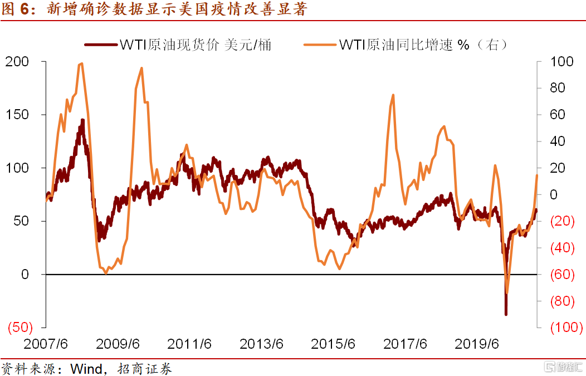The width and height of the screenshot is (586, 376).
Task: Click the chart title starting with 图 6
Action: tap(154, 9)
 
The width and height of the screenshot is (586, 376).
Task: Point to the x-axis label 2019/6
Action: tap(477, 344)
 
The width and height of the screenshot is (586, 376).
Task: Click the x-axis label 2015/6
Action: tap(333, 344)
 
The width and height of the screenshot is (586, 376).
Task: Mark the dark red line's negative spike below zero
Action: tap(506, 314)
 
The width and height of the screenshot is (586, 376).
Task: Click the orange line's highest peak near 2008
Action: tap(82, 64)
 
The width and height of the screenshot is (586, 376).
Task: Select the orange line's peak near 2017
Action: tap(393, 95)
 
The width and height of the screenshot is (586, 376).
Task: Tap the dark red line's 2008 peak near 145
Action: tap(82, 120)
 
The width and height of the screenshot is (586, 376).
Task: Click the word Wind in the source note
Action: tap(86, 369)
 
